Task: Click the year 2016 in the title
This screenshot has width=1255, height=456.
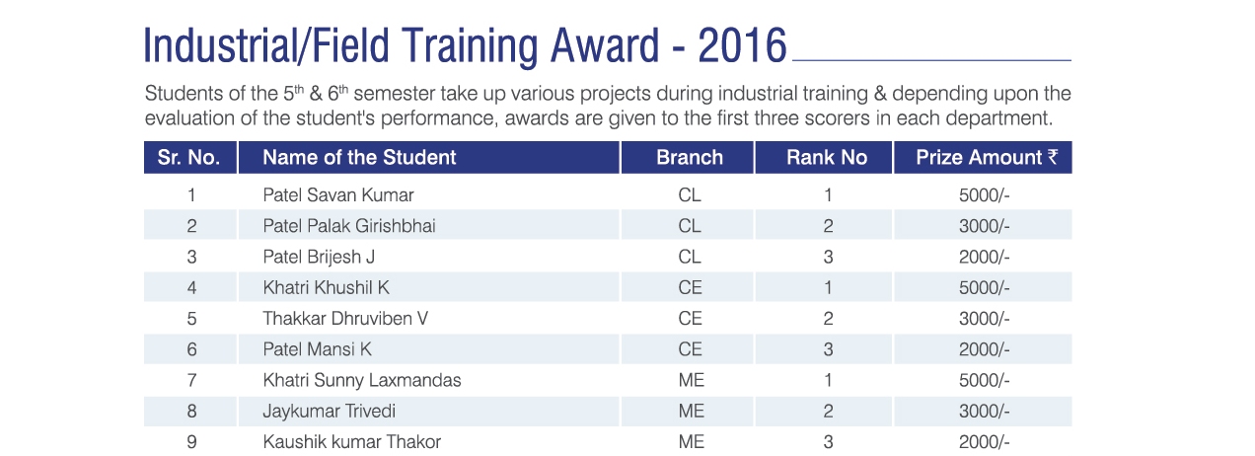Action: [x=742, y=45]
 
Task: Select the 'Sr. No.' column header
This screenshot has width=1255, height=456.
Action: [x=188, y=157]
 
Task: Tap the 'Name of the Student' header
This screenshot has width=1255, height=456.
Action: [x=359, y=157]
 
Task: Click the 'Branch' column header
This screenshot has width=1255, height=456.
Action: [x=690, y=157]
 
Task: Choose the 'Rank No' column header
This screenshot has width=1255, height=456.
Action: [x=827, y=157]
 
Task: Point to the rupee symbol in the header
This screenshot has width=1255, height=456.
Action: [x=1053, y=157]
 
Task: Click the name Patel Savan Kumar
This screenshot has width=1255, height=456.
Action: [x=338, y=195]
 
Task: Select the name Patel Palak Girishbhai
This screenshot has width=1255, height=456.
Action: [x=349, y=226]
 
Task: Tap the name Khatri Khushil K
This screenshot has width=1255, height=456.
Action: [x=326, y=287]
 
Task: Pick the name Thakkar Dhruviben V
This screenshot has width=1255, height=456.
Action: [x=345, y=318]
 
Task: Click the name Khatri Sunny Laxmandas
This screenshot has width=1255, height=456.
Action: [x=362, y=380]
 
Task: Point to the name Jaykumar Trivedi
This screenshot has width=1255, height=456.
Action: [x=329, y=412]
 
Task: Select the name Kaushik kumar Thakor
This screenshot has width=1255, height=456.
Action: [x=352, y=442]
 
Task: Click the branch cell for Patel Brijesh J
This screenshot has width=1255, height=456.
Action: [x=690, y=257]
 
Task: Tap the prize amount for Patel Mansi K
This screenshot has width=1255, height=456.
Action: [x=984, y=349]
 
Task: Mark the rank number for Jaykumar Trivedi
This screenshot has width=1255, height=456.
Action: [x=828, y=412]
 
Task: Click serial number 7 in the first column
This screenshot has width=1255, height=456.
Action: [x=191, y=380]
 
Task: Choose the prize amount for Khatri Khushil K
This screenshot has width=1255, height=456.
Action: [x=984, y=288]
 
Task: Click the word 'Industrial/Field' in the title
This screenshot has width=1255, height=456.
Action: [x=266, y=45]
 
